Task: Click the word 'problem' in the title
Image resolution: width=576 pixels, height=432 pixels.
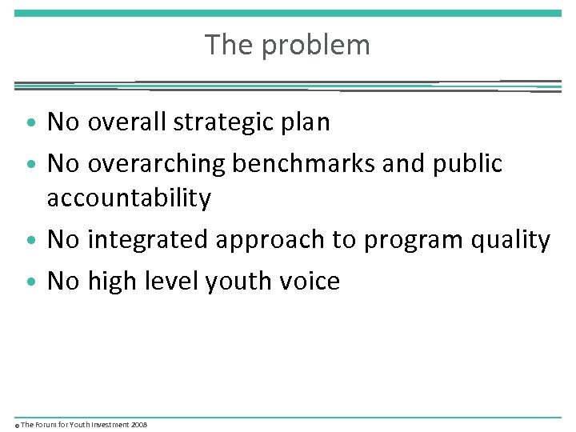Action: click(316, 46)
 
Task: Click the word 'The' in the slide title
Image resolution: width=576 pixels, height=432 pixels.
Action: click(229, 45)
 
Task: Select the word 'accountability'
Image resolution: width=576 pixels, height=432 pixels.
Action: click(129, 198)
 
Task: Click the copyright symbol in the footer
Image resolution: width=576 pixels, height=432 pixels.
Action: click(17, 425)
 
